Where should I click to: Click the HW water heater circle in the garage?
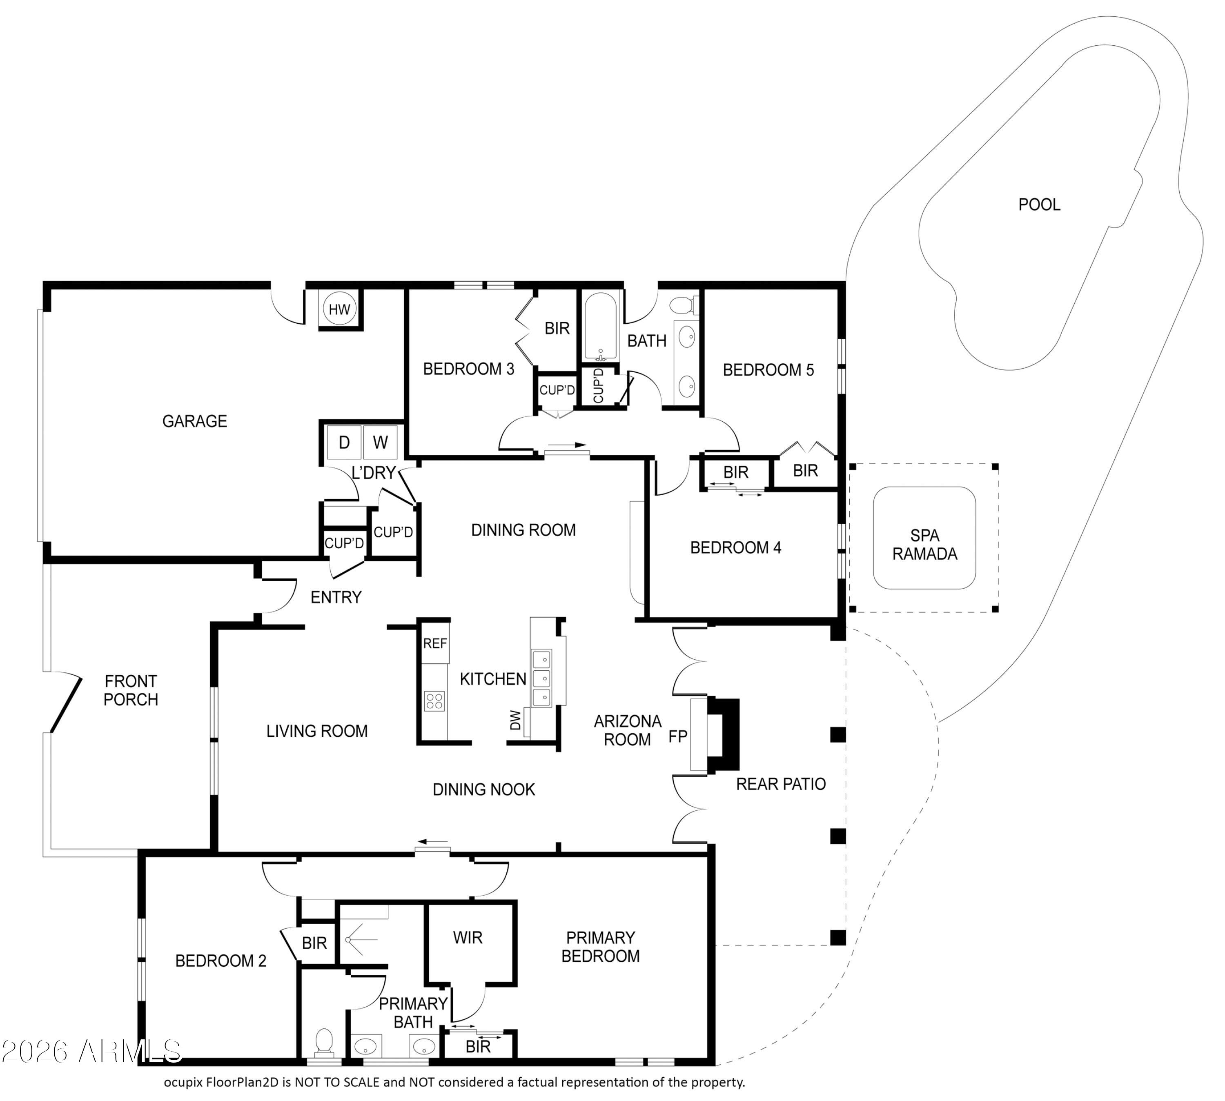[x=339, y=309]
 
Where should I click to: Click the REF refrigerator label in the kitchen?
[x=435, y=644]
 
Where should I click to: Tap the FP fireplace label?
[x=677, y=736]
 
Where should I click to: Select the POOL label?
[x=1039, y=205]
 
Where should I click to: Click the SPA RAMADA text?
[x=924, y=545]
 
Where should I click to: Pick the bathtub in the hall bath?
[x=599, y=327]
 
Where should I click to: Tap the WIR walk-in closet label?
[x=468, y=938]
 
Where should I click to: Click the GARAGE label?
[x=195, y=421]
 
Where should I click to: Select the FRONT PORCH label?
[x=131, y=690]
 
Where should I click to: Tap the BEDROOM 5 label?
[x=768, y=369]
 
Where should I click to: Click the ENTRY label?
[x=336, y=598]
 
